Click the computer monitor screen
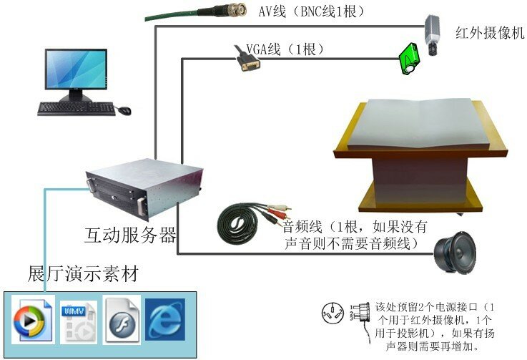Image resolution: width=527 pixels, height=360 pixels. click(77, 70)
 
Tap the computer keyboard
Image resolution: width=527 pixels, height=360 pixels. click(77, 108)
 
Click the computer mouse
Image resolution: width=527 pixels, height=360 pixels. click(124, 110)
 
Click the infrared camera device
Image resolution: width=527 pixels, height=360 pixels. click(431, 34)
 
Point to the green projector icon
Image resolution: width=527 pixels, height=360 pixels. click(409, 59)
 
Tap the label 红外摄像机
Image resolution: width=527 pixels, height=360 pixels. click(490, 33)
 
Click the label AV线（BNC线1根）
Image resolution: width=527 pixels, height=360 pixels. click(312, 11)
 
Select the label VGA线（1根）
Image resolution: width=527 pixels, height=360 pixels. click(286, 49)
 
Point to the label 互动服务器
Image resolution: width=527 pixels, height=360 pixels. click(130, 235)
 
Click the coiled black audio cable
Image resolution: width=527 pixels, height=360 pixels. click(238, 224)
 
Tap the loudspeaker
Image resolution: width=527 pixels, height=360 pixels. click(455, 252)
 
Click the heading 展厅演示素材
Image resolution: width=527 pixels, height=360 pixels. click(83, 273)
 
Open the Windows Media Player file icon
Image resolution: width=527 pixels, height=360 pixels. click(33, 319)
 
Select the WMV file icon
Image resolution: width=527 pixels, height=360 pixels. click(79, 322)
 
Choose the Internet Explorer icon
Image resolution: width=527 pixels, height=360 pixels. click(165, 319)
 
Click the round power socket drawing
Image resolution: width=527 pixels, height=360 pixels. click(332, 313)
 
